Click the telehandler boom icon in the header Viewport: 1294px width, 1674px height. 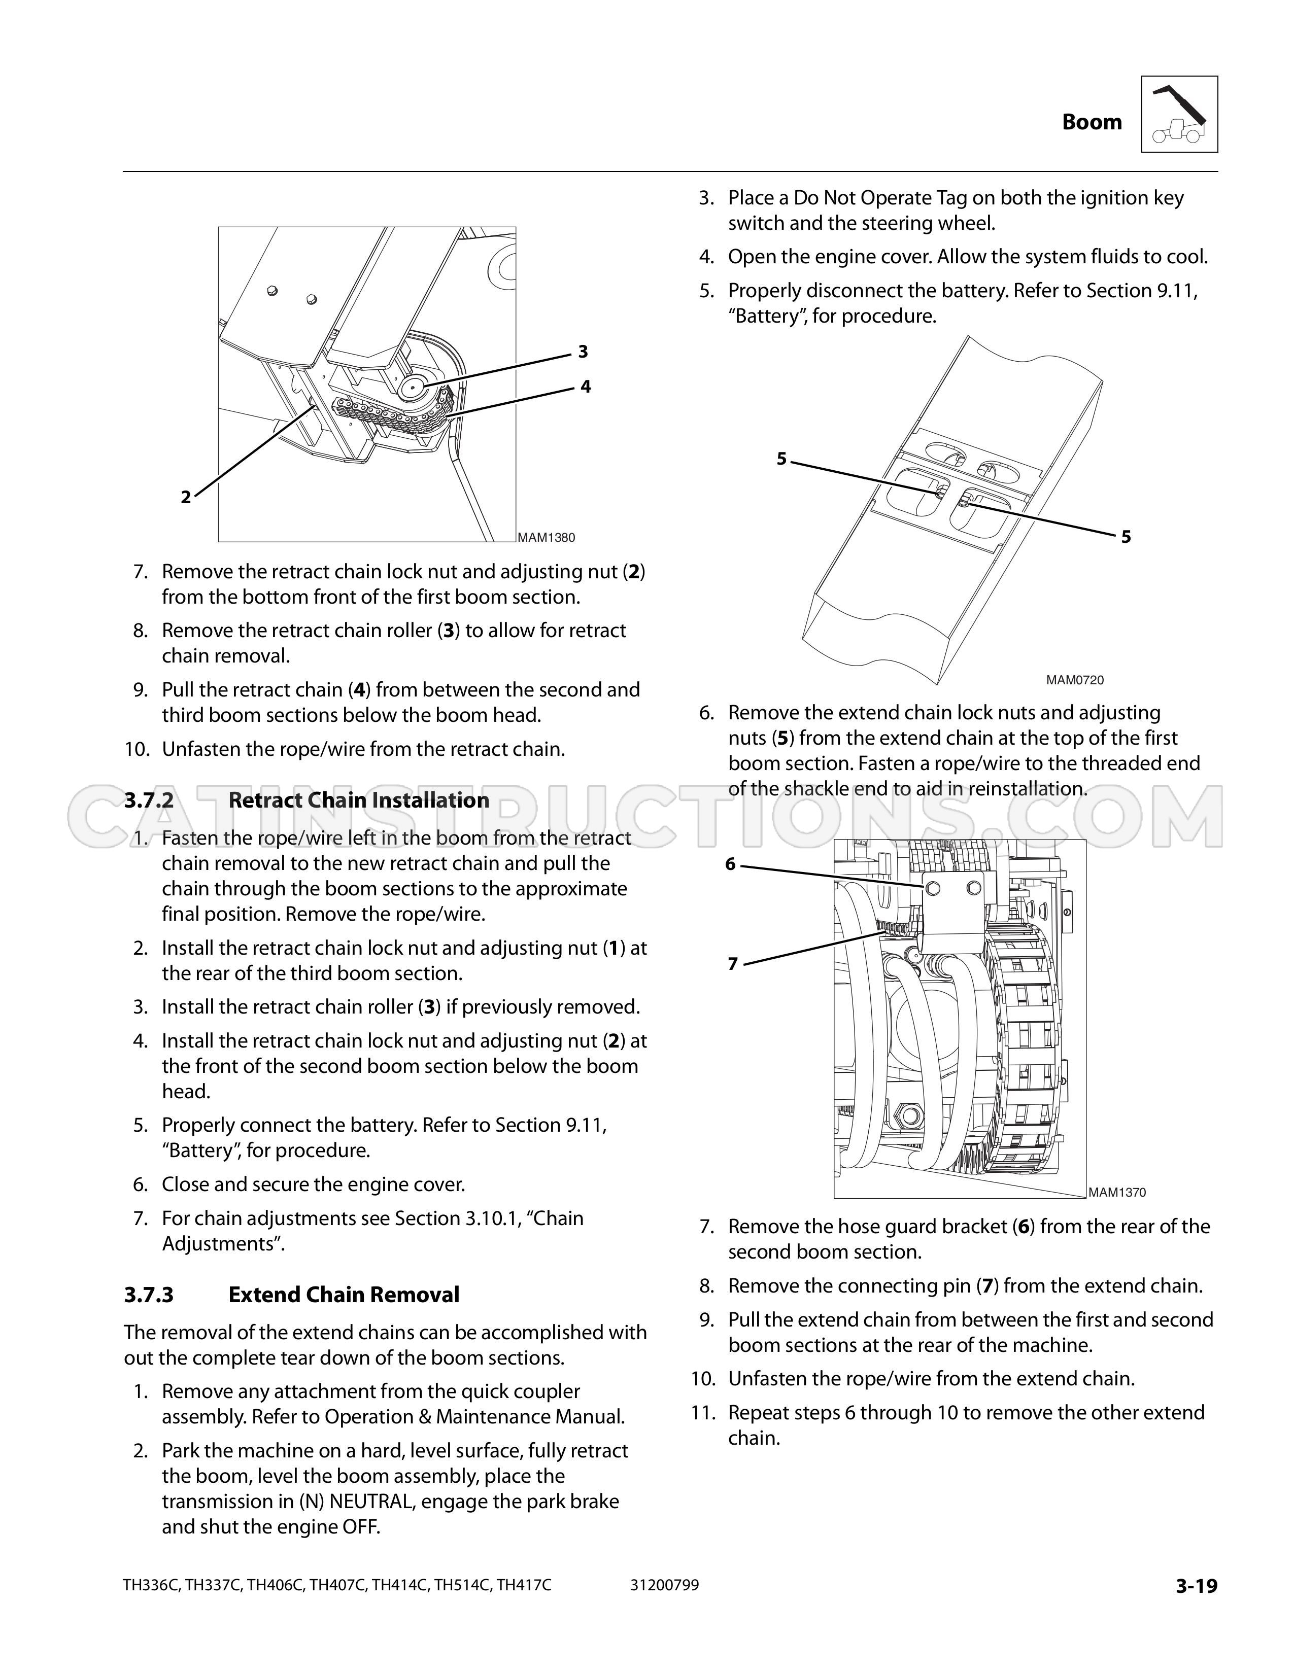1179,114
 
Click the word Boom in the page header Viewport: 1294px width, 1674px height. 1092,122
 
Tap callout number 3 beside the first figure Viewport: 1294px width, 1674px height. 583,352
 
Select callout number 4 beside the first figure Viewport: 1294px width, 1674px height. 586,387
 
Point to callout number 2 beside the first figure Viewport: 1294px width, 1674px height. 186,498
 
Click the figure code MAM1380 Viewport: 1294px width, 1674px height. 546,537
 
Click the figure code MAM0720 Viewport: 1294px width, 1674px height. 1075,680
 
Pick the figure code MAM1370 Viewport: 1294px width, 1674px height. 1117,1192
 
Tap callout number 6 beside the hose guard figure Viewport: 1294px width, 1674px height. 730,864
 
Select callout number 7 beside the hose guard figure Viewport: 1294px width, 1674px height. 733,964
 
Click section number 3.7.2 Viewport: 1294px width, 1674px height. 149,800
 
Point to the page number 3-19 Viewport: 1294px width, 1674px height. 1197,1586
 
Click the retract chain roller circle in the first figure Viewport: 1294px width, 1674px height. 413,387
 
